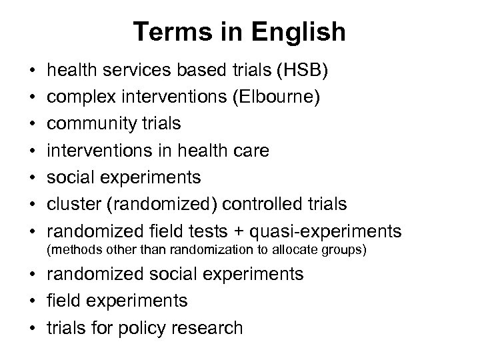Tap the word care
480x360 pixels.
point(250,151)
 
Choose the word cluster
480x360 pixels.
point(73,204)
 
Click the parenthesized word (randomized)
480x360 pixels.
point(153,204)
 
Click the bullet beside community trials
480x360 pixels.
point(32,124)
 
